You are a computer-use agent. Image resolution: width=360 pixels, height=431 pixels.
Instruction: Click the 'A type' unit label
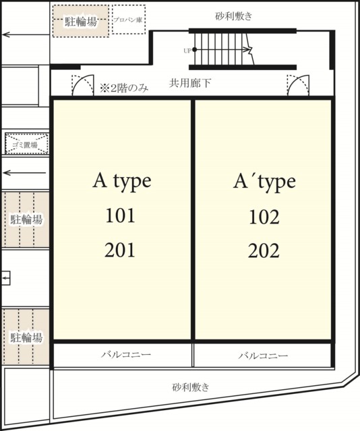[121, 181]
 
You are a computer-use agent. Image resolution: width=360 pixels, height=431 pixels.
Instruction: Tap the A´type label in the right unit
[264, 182]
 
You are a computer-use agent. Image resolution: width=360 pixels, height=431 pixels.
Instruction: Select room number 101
[121, 216]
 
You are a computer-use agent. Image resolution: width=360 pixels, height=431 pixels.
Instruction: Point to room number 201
[121, 251]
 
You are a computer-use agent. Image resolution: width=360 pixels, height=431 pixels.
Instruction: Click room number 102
[264, 217]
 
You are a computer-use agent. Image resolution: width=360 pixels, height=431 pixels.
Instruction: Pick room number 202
[264, 251]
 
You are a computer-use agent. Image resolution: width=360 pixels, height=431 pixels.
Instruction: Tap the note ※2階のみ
[125, 87]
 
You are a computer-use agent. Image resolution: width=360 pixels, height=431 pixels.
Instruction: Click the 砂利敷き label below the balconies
[191, 387]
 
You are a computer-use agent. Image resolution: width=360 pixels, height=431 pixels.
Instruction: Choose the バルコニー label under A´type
[264, 355]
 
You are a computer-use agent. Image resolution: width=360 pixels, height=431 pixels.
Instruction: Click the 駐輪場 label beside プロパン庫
[80, 22]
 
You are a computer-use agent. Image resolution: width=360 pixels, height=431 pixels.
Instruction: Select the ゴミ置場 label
[25, 144]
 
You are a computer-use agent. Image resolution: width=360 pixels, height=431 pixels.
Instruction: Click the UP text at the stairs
[187, 51]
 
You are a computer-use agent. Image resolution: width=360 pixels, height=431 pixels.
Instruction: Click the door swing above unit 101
[82, 86]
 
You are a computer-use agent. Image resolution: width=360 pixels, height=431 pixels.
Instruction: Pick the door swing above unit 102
[297, 86]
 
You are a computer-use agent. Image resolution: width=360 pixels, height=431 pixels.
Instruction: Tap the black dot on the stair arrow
[195, 50]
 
